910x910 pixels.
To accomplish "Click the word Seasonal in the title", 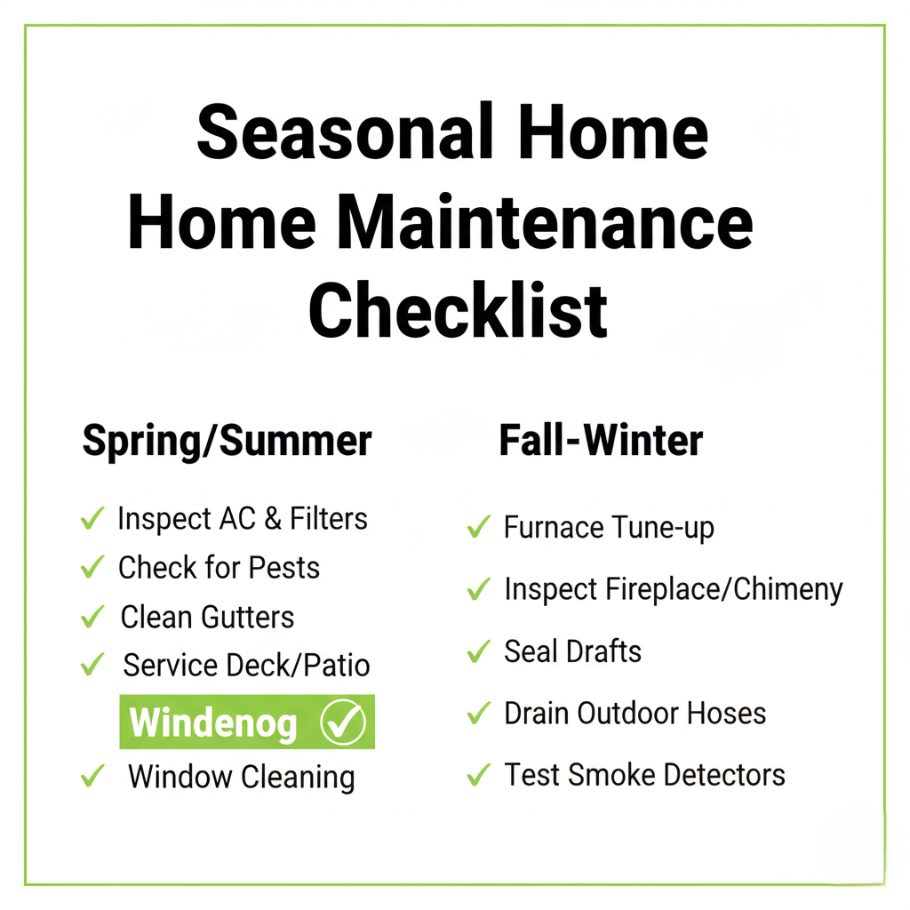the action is tap(346, 132).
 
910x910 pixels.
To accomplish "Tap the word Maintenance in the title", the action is tap(545, 222).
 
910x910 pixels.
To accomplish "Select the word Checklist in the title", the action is tap(458, 309).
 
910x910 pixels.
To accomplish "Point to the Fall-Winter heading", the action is tap(602, 441).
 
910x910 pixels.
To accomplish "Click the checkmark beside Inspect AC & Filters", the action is tap(92, 518).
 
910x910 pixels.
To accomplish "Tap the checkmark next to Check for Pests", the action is tap(92, 567).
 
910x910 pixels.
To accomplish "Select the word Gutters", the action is tap(248, 617).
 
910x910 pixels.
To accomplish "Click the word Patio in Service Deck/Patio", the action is tap(337, 665).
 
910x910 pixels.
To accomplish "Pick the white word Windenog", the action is tap(213, 723).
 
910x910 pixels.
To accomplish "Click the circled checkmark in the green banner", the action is tap(343, 722).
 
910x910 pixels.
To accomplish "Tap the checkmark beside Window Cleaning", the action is tap(92, 775).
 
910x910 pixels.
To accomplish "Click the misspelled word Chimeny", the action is tap(787, 590).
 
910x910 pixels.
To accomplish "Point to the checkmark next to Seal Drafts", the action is tap(479, 651).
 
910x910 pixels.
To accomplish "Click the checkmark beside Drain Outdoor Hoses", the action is tap(479, 713).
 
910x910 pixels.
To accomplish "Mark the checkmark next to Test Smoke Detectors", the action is tap(479, 775).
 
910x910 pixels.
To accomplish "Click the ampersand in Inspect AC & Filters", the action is tap(273, 519).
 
